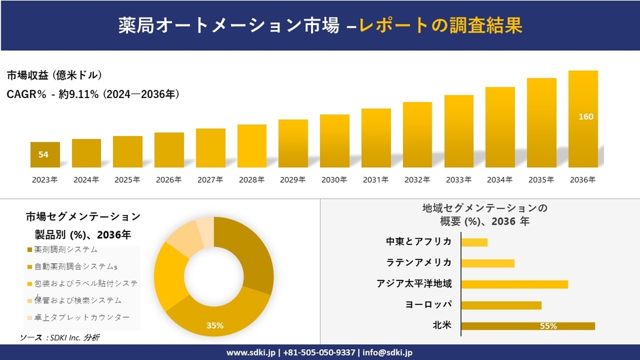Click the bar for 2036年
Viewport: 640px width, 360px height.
583,119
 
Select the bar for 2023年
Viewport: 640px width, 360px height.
45,154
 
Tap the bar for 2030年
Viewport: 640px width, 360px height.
334,141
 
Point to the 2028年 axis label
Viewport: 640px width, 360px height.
251,180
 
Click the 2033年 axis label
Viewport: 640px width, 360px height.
458,180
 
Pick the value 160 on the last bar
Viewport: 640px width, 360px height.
586,116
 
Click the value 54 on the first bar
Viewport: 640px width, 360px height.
44,155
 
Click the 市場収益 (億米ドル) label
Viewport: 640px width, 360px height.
54,76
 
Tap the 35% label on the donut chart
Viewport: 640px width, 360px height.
215,325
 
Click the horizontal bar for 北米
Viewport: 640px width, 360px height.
528,326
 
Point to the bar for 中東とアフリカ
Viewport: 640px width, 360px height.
474,242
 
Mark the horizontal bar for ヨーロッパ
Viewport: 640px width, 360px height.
501,305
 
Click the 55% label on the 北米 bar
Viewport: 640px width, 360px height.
548,326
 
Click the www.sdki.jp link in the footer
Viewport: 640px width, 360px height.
250,353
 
